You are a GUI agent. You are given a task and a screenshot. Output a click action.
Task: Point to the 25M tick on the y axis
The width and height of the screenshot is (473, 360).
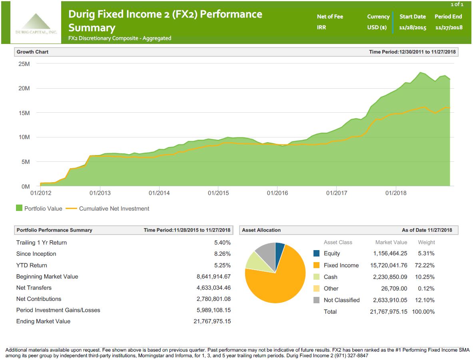pyautogui.click(x=24, y=64)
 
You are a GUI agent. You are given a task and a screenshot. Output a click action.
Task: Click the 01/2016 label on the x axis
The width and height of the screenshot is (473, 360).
pyautogui.click(x=277, y=193)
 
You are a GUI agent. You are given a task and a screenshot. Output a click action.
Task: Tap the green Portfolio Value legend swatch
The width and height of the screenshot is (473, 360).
pyautogui.click(x=19, y=208)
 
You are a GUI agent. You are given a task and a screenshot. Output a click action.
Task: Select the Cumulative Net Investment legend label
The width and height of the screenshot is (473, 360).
pyautogui.click(x=114, y=209)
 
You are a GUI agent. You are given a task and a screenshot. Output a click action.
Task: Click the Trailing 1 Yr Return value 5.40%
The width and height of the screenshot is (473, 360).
pyautogui.click(x=222, y=243)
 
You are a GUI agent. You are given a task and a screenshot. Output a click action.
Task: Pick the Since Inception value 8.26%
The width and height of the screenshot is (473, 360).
pyautogui.click(x=222, y=254)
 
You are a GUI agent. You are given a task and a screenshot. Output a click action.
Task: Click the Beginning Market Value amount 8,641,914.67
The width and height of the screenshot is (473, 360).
pyautogui.click(x=212, y=276)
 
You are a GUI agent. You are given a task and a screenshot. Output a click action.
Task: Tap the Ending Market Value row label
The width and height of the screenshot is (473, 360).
pyautogui.click(x=43, y=321)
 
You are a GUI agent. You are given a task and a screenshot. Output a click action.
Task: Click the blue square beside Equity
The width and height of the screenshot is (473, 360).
pyautogui.click(x=317, y=253)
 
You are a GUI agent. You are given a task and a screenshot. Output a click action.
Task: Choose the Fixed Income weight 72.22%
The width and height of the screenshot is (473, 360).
pyautogui.click(x=426, y=265)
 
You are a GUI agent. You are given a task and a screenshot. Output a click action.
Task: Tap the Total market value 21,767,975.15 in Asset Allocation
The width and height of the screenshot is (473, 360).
pyautogui.click(x=388, y=312)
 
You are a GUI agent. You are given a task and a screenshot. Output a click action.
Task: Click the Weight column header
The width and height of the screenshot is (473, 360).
pyautogui.click(x=426, y=242)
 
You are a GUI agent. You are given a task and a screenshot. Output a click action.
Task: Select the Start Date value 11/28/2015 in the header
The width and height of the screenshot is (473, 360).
pyautogui.click(x=413, y=28)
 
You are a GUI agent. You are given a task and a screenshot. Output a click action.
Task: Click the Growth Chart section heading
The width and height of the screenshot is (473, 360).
pyautogui.click(x=32, y=52)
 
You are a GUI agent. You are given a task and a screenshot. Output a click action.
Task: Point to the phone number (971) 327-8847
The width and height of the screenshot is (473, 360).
pyautogui.click(x=349, y=355)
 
